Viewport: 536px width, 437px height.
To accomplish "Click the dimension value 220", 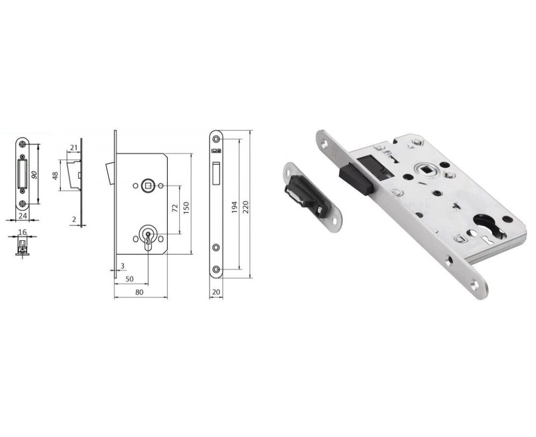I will click(x=245, y=207).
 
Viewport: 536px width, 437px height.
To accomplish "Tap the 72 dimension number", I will click(x=175, y=208).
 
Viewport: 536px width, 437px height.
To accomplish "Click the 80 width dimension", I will click(x=139, y=292).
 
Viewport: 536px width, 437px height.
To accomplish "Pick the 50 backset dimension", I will click(x=129, y=280).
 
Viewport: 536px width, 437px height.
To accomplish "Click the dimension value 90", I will click(x=34, y=175).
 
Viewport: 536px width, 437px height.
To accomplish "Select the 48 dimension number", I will click(x=56, y=176).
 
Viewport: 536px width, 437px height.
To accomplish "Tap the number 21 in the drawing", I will click(x=73, y=148).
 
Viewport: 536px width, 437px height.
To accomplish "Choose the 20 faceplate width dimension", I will click(x=216, y=292).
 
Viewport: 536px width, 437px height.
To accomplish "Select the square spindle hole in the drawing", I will click(x=148, y=186).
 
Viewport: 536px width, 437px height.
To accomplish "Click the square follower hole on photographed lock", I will click(x=425, y=171).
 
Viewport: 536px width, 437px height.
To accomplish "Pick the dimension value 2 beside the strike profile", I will click(x=74, y=219).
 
